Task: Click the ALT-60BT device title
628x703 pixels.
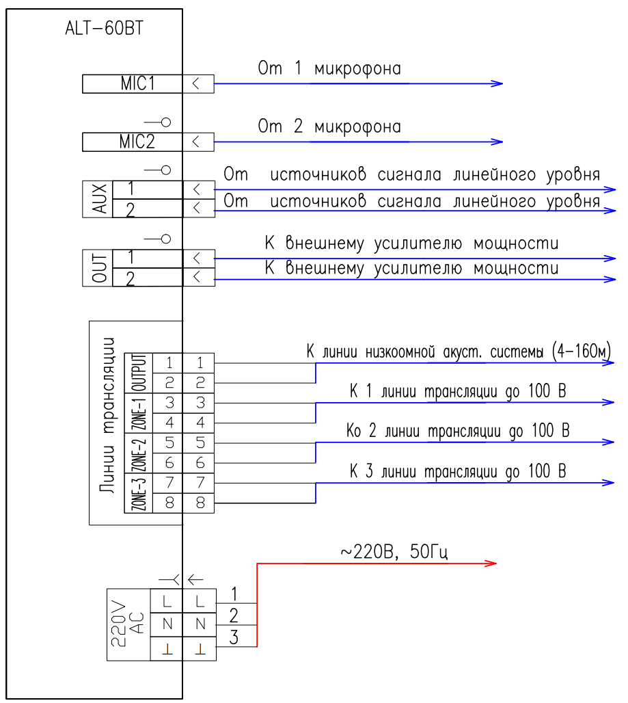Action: tap(104, 28)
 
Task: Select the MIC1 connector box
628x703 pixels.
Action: tap(133, 84)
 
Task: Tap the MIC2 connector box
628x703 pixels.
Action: tap(133, 142)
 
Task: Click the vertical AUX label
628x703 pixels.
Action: tap(100, 198)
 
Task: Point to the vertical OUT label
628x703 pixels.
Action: tap(100, 267)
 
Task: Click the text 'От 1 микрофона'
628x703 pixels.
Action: tap(329, 68)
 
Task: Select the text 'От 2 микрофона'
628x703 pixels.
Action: tap(329, 127)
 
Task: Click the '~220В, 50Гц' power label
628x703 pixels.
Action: tap(394, 552)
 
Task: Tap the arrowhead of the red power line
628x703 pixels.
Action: tap(491, 563)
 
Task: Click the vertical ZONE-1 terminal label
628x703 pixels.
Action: tap(139, 413)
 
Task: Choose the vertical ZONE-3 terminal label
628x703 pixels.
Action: tap(139, 493)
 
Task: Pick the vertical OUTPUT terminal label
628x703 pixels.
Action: tap(139, 373)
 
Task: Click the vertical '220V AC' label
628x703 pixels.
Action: tap(128, 624)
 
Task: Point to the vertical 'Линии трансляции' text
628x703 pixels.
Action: tap(107, 415)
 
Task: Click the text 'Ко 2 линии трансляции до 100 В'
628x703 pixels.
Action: tap(458, 431)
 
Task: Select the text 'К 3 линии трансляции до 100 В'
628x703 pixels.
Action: tap(458, 471)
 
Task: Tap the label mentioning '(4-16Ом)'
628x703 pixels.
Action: tap(459, 351)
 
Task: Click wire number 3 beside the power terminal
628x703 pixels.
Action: tap(234, 637)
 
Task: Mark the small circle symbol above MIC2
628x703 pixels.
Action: tap(166, 122)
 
